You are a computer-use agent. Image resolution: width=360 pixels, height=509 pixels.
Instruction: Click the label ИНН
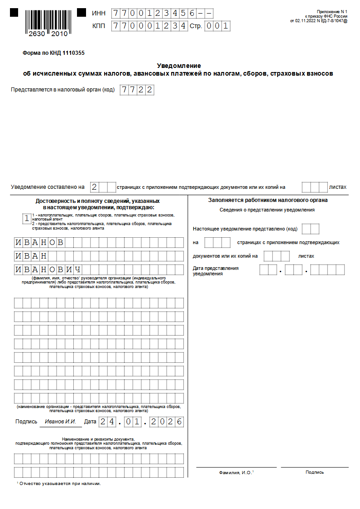[x=99, y=14]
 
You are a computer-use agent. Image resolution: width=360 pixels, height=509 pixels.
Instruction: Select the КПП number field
[x=149, y=26]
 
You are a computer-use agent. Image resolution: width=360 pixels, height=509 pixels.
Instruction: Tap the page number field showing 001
[x=217, y=26]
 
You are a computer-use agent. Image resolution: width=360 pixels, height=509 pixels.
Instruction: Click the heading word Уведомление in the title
[x=178, y=66]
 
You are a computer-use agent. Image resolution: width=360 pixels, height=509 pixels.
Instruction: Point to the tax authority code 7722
[x=136, y=90]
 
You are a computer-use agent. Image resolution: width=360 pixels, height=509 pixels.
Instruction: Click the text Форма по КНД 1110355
[x=53, y=53]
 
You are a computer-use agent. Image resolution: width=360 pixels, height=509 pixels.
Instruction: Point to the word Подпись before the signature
[x=26, y=422]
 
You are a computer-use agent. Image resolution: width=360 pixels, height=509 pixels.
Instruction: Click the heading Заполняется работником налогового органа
[x=268, y=200]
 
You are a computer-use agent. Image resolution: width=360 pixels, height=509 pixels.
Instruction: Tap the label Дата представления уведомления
[x=216, y=271]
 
